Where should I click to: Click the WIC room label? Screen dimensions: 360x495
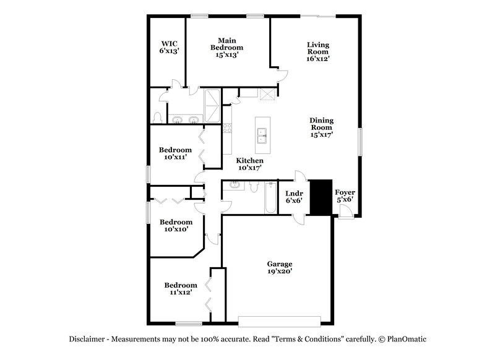click(x=169, y=48)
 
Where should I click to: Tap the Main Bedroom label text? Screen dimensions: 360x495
click(x=227, y=47)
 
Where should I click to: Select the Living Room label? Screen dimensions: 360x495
click(x=318, y=52)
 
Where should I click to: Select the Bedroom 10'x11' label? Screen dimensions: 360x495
click(x=175, y=153)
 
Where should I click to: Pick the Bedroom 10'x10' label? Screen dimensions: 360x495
click(x=175, y=225)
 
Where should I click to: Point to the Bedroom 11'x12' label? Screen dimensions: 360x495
click(x=180, y=288)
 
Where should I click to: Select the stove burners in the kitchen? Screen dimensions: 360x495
click(x=227, y=129)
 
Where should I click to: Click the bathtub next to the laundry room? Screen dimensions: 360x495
click(x=270, y=199)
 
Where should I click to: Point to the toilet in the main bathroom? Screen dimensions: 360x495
click(x=157, y=118)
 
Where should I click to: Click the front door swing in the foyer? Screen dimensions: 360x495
click(x=346, y=212)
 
